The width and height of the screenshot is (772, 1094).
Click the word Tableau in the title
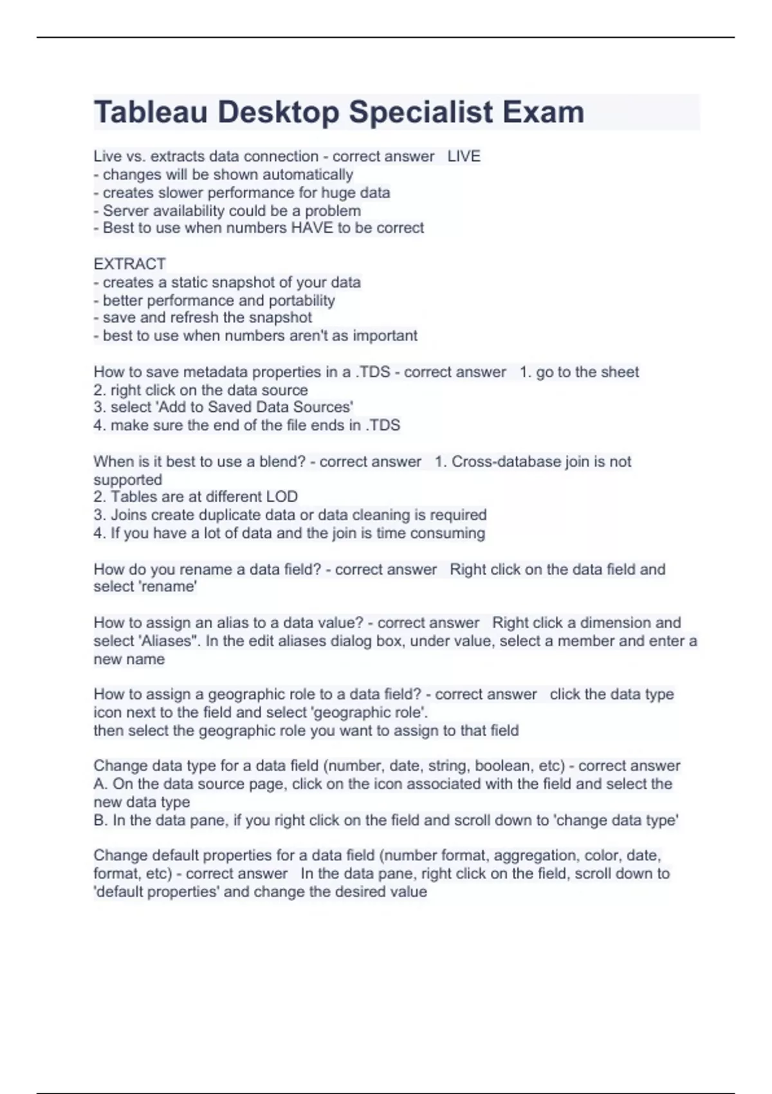[x=151, y=112]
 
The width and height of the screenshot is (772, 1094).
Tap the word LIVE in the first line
[x=464, y=156]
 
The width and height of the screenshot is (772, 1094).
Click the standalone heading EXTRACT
[x=129, y=264]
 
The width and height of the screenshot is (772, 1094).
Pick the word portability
[x=302, y=301]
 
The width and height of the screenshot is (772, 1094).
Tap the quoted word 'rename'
[x=172, y=587]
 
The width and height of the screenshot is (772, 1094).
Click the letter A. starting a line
[x=101, y=784]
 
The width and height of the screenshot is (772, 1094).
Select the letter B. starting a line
[x=101, y=820]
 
